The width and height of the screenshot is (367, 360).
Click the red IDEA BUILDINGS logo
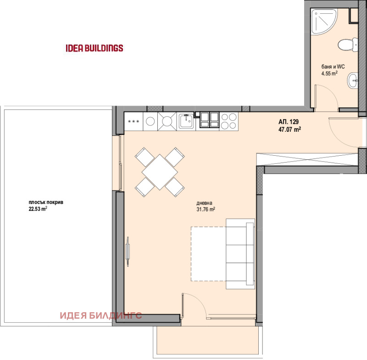[95, 48]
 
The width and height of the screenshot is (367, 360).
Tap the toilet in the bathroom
[348, 45]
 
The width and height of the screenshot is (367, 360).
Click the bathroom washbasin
[352, 80]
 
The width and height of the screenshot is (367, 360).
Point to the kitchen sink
[186, 121]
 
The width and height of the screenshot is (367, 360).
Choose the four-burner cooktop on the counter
[229, 121]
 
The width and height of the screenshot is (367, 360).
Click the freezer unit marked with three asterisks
[133, 121]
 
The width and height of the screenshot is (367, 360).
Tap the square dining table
[160, 172]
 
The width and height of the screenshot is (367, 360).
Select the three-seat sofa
[240, 254]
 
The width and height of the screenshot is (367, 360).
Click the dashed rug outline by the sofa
[209, 253]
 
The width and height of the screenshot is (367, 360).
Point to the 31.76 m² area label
[206, 209]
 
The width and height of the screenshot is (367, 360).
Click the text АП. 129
[289, 122]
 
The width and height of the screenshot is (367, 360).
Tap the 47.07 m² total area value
[289, 129]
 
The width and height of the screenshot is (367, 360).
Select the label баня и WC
[333, 67]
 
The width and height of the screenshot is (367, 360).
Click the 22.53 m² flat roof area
[38, 209]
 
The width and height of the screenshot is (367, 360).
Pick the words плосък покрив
[46, 202]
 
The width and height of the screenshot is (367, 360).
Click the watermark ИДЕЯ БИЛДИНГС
[101, 315]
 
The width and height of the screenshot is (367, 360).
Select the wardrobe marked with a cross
[307, 160]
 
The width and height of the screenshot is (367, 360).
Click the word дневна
[204, 203]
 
